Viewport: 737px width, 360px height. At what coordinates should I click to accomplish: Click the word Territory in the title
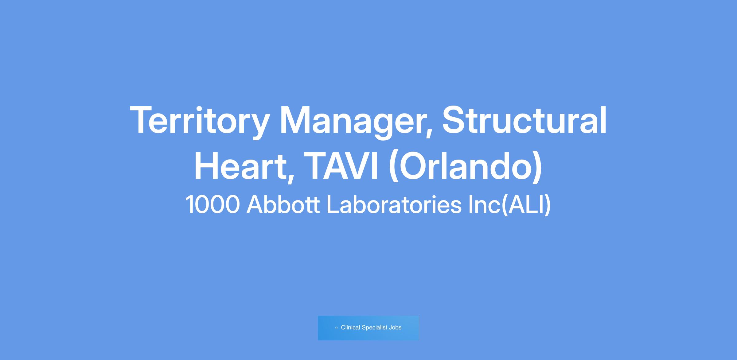[200, 121]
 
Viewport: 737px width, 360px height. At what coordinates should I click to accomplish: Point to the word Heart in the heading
[240, 166]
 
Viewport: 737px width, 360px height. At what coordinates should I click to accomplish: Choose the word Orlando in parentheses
[466, 166]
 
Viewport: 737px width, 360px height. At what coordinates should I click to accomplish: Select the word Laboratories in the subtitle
[394, 204]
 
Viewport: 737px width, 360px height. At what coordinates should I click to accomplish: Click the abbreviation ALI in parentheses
[526, 204]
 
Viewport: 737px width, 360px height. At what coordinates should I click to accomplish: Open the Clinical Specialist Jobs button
[368, 328]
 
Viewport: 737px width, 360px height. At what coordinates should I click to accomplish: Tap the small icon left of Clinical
[337, 328]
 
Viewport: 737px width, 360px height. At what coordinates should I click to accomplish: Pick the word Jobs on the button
[395, 327]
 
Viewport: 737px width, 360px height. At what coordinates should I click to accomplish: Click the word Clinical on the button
[350, 327]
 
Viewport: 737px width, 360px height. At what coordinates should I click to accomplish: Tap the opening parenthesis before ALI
[505, 205]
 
